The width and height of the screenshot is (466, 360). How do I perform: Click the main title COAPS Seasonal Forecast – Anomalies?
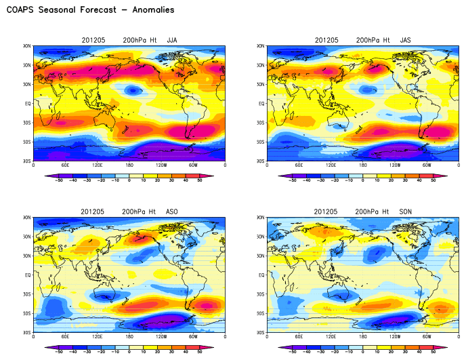(90, 10)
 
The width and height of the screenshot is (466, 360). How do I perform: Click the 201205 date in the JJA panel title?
(93, 40)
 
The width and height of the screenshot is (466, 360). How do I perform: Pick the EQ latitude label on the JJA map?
(28, 104)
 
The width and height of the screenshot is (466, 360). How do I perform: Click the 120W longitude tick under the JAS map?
(395, 165)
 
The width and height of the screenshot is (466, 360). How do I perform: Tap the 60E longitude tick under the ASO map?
(66, 337)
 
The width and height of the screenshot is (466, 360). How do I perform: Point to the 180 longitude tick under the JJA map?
(129, 165)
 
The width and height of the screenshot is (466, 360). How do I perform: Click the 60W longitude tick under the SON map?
(427, 337)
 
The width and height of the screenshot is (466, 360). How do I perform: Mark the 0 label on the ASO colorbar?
(129, 352)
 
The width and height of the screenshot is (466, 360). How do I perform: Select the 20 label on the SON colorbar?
(391, 352)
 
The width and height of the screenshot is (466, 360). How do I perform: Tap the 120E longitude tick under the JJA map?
(98, 165)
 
